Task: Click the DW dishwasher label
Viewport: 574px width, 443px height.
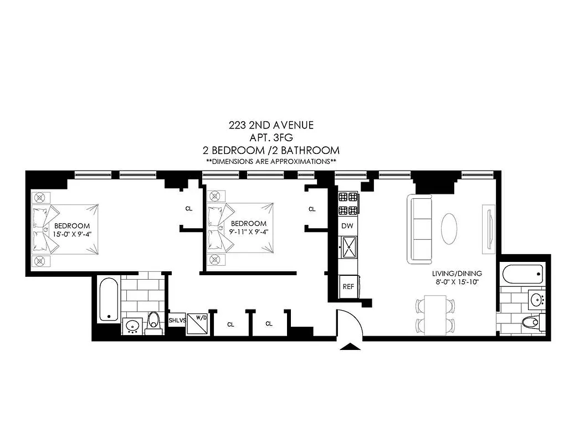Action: click(x=347, y=226)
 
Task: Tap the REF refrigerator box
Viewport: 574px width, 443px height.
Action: click(x=348, y=287)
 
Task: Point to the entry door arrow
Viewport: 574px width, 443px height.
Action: click(x=350, y=347)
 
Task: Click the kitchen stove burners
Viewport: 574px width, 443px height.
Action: click(x=348, y=203)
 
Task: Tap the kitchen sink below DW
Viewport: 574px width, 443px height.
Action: click(x=348, y=248)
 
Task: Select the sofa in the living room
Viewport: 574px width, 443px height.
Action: click(x=421, y=229)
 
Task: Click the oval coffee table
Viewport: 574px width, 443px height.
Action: click(x=450, y=226)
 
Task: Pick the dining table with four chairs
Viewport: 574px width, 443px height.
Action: click(x=435, y=315)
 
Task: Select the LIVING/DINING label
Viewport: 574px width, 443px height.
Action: click(x=457, y=274)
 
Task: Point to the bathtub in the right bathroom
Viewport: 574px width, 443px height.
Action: click(x=522, y=273)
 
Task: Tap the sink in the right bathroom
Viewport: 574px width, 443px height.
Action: click(x=536, y=300)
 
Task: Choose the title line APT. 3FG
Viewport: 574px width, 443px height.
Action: click(x=271, y=138)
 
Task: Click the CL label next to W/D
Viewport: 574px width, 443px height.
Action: click(x=230, y=324)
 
